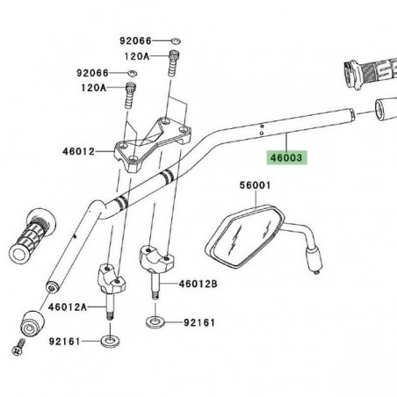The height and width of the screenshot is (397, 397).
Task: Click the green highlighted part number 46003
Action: (284, 159)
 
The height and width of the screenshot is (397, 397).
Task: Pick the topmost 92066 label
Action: (137, 41)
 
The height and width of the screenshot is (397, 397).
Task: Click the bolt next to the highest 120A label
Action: (173, 66)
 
